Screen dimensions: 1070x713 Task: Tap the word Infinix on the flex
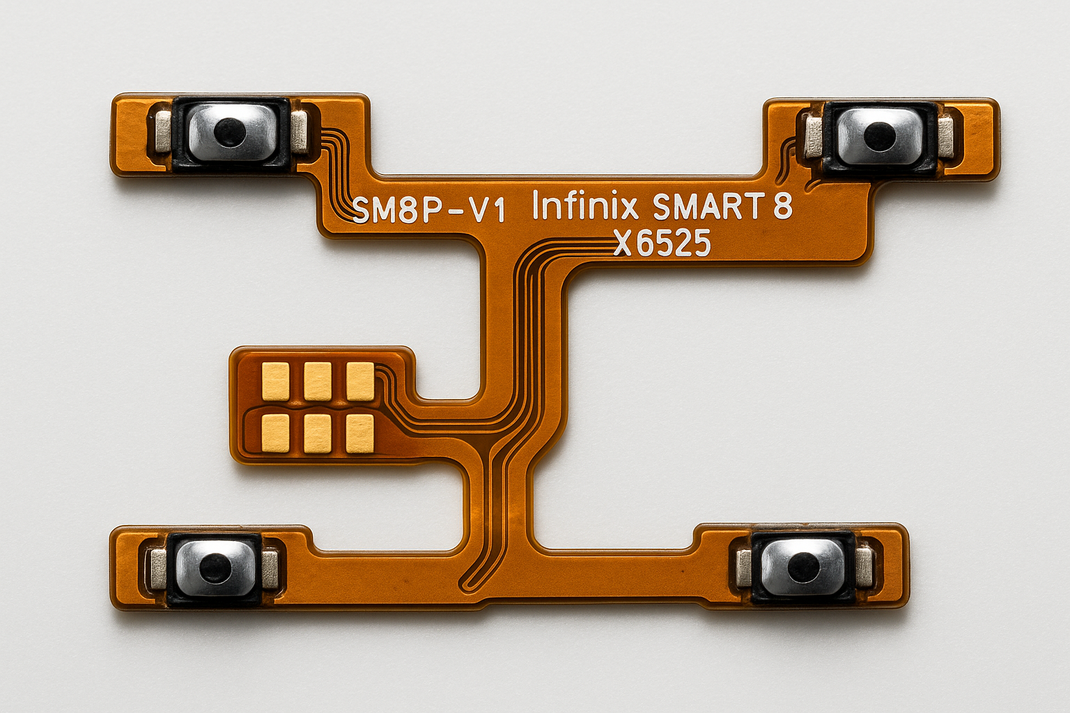pyautogui.click(x=585, y=205)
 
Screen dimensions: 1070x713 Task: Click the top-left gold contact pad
pyautogui.click(x=276, y=381)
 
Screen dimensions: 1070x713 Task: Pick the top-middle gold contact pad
pyautogui.click(x=317, y=381)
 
